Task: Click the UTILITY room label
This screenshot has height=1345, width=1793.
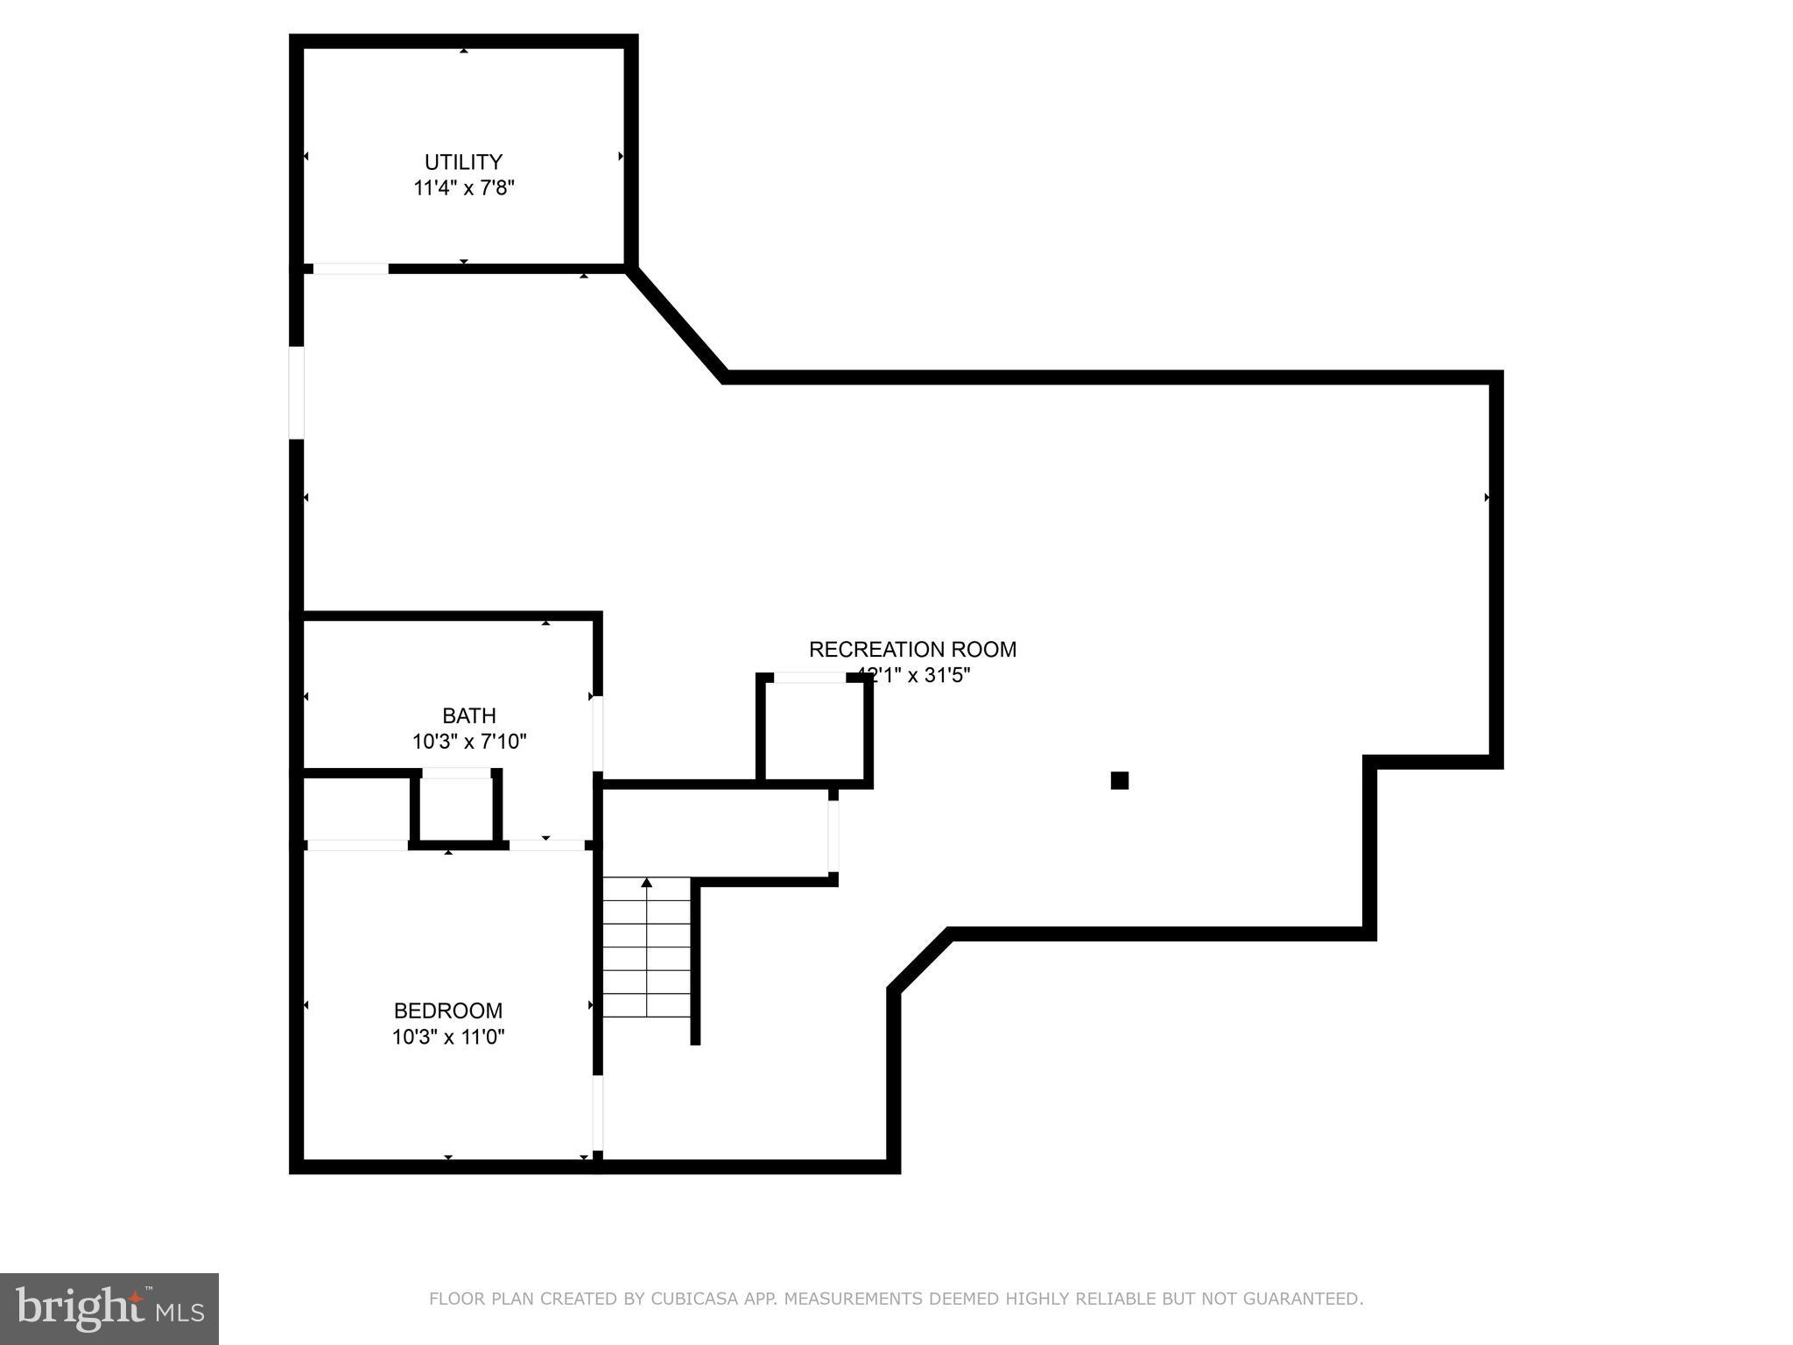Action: point(463,162)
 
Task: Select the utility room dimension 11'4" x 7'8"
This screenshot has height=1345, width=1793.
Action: point(463,188)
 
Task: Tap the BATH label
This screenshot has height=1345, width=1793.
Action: point(468,715)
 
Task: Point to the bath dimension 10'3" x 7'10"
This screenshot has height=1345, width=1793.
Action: point(468,742)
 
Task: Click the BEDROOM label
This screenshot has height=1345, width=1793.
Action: point(447,1011)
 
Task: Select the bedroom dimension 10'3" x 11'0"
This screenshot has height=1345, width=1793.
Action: point(447,1037)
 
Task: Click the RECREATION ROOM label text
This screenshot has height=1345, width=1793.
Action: point(912,650)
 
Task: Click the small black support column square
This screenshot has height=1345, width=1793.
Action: point(1119,780)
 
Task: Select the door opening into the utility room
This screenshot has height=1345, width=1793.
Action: point(350,269)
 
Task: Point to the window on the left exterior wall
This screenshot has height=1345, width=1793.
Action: point(297,392)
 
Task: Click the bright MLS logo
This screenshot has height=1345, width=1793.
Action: point(109,1309)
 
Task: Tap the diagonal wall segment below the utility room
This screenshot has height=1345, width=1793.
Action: point(676,323)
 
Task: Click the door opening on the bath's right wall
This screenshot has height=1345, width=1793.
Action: point(598,734)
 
